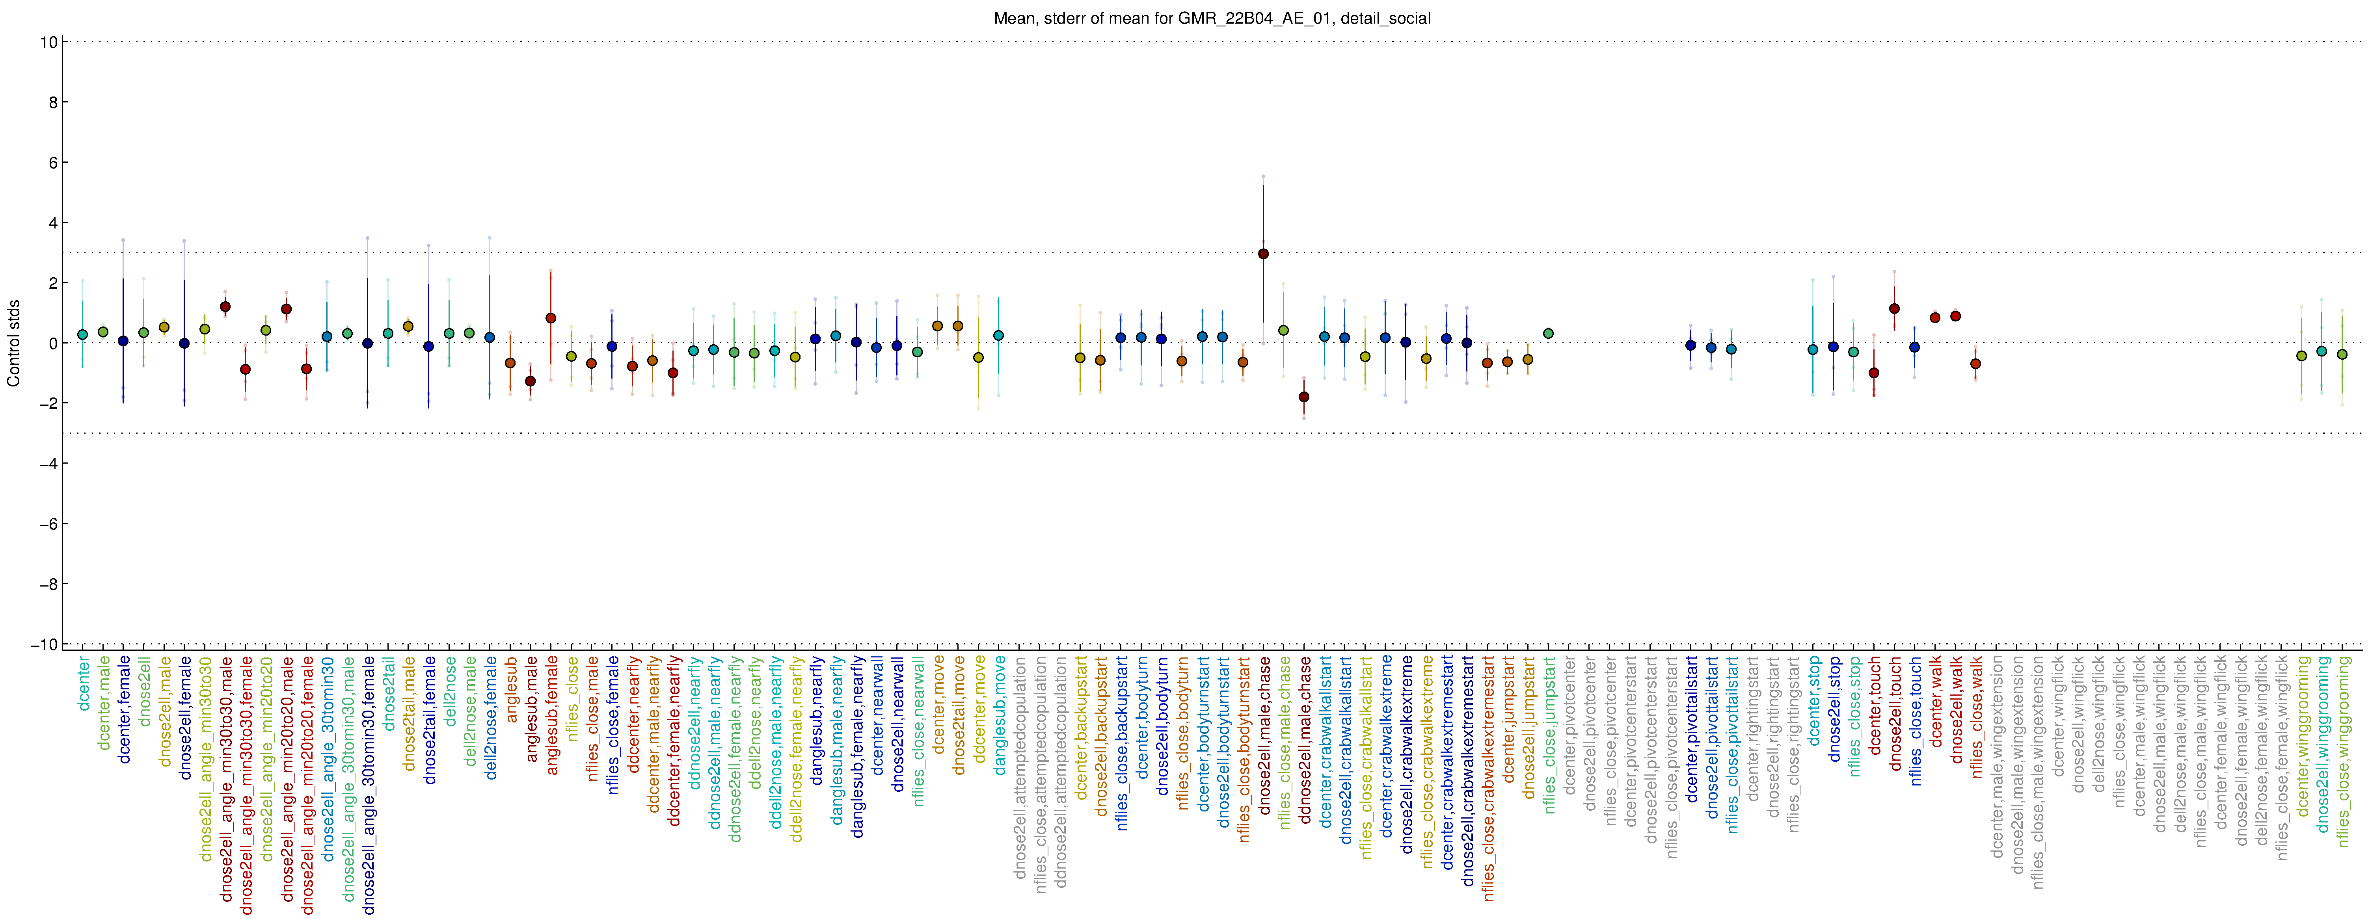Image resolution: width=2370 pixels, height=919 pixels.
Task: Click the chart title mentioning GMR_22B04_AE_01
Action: (1212, 19)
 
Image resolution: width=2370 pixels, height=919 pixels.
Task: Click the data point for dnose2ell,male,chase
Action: (1263, 254)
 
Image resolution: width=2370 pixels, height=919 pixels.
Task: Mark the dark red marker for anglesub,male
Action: (530, 381)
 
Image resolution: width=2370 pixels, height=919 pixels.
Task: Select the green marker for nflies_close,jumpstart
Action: (1549, 333)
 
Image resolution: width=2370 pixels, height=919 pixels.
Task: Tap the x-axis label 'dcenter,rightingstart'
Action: (1753, 727)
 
